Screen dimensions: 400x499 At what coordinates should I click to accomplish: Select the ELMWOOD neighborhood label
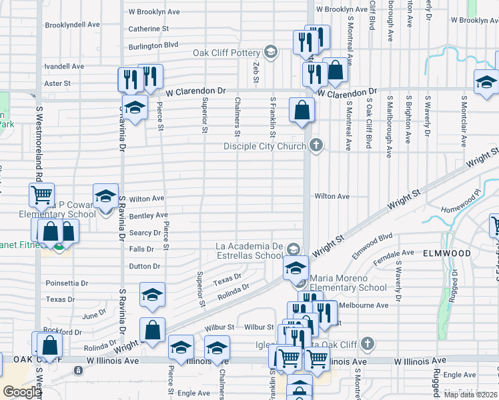446,253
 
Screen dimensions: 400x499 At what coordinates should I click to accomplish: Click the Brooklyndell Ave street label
72,25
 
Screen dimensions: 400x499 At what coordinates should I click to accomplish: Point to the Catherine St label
148,29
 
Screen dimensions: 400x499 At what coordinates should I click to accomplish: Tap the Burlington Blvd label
154,45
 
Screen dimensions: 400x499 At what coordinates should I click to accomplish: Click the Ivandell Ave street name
64,67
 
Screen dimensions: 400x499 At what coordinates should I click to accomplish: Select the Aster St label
57,83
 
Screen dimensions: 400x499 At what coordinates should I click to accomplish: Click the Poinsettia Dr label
67,283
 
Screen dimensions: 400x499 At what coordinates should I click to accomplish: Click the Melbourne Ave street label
364,305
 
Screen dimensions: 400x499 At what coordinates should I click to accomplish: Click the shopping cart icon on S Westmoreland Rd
41,195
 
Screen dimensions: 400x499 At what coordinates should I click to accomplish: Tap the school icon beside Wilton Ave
105,196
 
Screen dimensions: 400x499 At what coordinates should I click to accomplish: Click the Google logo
22,392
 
